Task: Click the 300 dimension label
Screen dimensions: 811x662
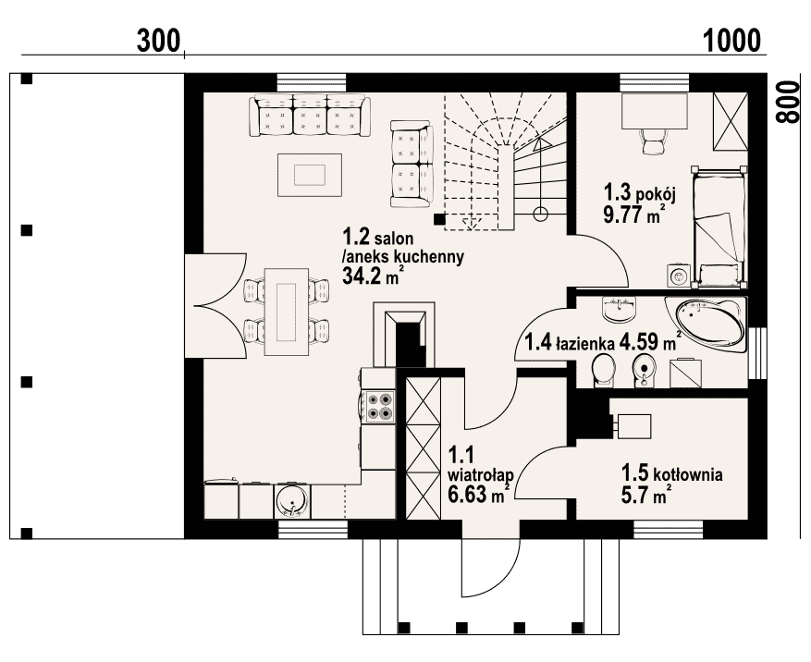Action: pyautogui.click(x=159, y=41)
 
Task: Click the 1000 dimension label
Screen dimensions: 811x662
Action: pyautogui.click(x=732, y=41)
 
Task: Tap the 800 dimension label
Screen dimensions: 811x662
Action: pyautogui.click(x=787, y=102)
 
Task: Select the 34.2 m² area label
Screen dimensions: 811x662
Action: pyautogui.click(x=373, y=276)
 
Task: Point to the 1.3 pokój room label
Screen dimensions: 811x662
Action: pyautogui.click(x=640, y=193)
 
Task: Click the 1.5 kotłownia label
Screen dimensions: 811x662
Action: pyautogui.click(x=672, y=472)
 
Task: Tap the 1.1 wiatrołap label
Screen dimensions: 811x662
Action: pyautogui.click(x=481, y=464)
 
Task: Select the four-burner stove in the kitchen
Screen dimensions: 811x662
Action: pyautogui.click(x=378, y=407)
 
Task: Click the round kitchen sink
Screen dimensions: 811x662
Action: pyautogui.click(x=292, y=499)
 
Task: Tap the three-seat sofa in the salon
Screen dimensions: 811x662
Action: pyautogui.click(x=310, y=116)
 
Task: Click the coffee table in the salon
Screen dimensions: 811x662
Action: pyautogui.click(x=310, y=175)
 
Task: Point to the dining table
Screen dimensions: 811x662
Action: pyautogui.click(x=287, y=312)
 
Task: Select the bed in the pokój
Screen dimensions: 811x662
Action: pyautogui.click(x=719, y=227)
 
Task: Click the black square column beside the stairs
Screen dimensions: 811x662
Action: pyautogui.click(x=439, y=219)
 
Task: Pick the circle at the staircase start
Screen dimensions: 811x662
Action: pyautogui.click(x=540, y=213)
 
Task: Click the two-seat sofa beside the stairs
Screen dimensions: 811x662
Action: pyautogui.click(x=412, y=164)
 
